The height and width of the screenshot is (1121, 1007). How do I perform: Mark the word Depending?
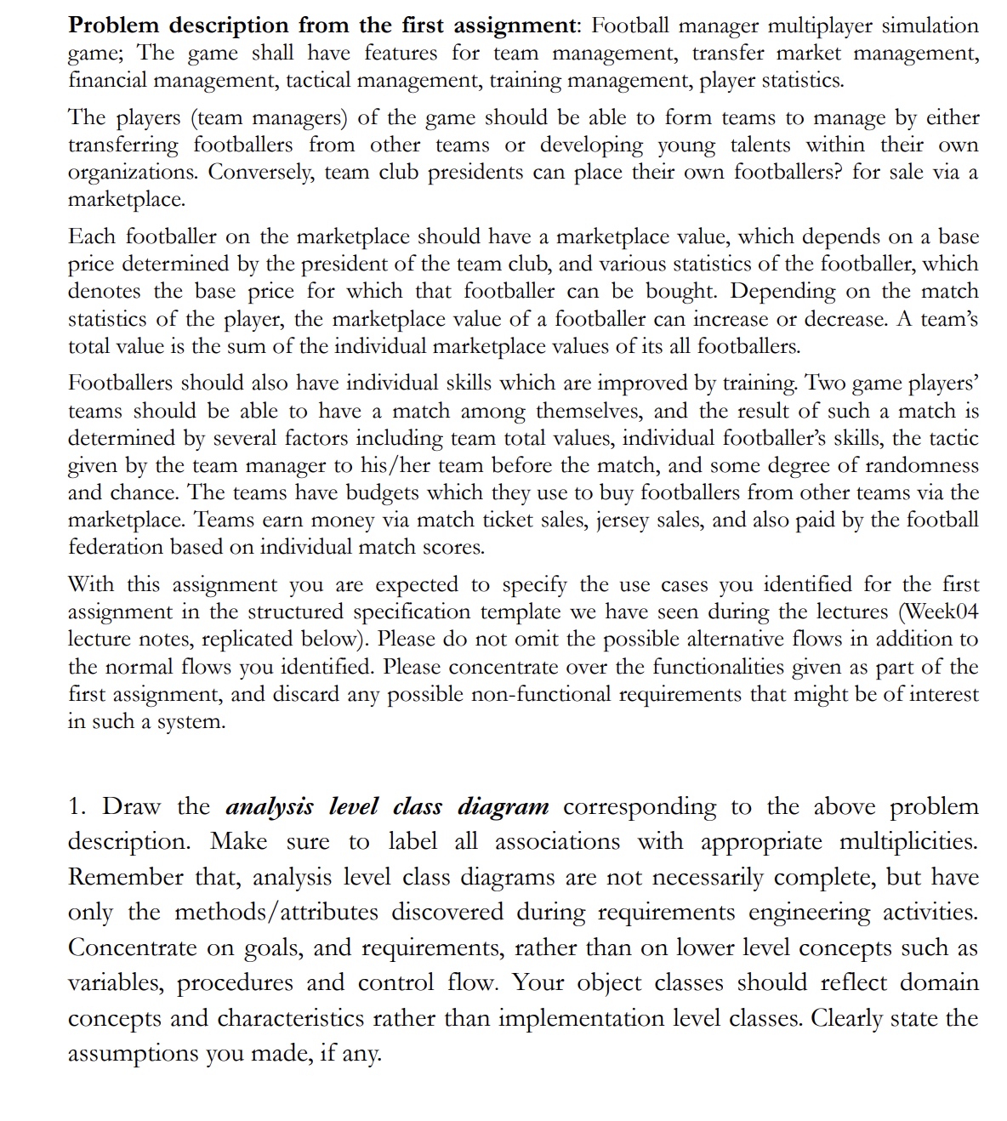[783, 291]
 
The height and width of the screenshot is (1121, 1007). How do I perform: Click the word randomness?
[919, 465]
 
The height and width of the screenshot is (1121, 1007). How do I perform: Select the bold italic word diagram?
[503, 806]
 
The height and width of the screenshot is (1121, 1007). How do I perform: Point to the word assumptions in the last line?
[133, 1053]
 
